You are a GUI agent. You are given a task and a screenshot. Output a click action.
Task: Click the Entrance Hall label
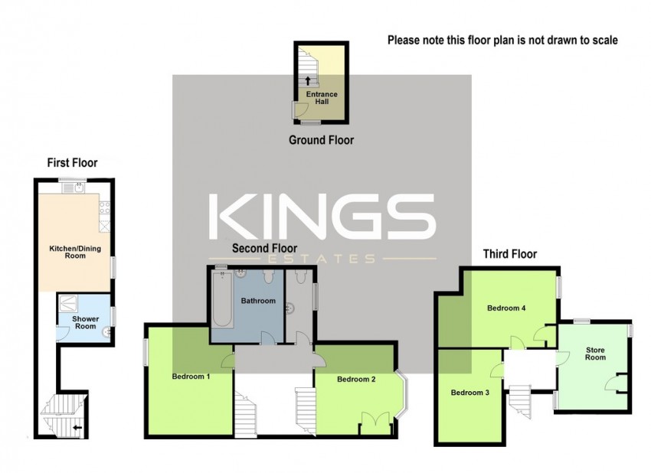click(322, 98)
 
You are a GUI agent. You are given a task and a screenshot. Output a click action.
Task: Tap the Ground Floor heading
click(322, 140)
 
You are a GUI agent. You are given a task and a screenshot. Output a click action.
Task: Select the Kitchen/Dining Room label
click(75, 253)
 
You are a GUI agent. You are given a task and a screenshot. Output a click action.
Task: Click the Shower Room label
click(86, 322)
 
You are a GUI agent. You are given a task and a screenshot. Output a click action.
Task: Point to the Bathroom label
click(258, 301)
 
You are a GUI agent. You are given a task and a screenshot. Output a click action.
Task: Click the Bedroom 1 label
click(191, 377)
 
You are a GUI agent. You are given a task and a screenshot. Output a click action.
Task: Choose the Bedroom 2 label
click(356, 379)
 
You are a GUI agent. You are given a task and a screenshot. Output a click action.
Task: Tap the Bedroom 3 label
click(470, 393)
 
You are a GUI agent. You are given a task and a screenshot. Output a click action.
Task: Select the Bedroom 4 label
click(506, 308)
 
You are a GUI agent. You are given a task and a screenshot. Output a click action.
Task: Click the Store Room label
click(595, 354)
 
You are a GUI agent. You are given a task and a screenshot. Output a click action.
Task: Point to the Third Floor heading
click(510, 254)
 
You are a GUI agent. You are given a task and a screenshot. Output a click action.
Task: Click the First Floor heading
click(72, 163)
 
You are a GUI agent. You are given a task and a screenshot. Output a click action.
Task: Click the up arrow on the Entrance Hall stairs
click(308, 80)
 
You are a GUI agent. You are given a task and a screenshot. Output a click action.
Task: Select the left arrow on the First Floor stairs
click(77, 427)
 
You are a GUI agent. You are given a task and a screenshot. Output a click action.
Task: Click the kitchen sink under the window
click(74, 188)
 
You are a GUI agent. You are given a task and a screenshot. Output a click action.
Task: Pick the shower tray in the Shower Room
click(67, 303)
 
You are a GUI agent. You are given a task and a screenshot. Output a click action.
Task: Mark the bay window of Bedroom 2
click(402, 393)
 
